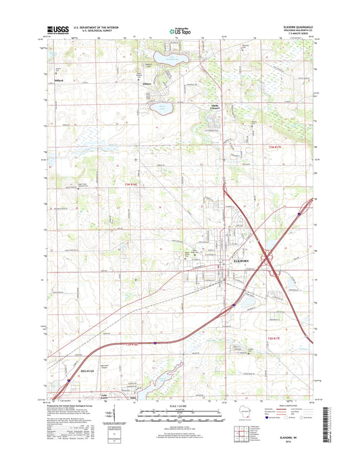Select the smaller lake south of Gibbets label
[x=161, y=107]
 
